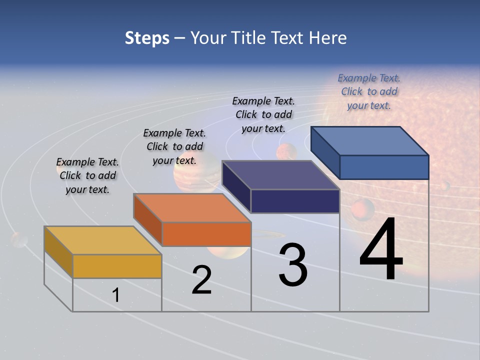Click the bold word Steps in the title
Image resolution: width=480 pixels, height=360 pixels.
tap(147, 38)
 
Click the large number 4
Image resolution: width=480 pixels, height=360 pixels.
tap(381, 249)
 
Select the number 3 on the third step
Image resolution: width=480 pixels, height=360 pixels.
tap(293, 265)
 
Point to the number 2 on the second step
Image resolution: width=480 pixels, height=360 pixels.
tap(201, 280)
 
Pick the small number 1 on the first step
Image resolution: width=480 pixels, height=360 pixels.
tap(116, 295)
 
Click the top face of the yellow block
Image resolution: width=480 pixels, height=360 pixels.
tap(102, 240)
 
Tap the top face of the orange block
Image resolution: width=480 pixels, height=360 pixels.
tap(192, 208)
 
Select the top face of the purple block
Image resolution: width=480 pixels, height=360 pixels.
tap(280, 175)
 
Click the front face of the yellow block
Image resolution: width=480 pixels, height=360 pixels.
tap(117, 266)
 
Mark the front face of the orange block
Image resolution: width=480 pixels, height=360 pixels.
tap(206, 234)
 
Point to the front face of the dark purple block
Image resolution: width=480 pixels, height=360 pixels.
tap(295, 201)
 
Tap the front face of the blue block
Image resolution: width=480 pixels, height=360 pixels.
tap(384, 167)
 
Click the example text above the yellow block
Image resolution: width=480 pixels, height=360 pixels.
tap(87, 175)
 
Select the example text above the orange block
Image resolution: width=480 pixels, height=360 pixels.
tap(174, 146)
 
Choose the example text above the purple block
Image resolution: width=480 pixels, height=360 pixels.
tap(263, 114)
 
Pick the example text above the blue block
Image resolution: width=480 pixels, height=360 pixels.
tap(369, 91)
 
